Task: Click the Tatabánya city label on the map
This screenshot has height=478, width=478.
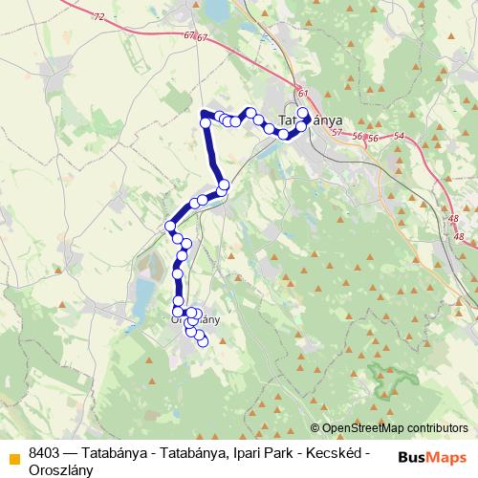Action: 303,122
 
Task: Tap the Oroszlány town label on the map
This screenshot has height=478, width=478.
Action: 195,320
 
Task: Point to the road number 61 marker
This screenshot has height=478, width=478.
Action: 303,93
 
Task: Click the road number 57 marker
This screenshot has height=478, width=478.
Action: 336,131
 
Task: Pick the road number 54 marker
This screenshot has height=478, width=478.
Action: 400,138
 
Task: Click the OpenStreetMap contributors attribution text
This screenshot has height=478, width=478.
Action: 395,428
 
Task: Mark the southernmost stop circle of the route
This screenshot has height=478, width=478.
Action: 202,341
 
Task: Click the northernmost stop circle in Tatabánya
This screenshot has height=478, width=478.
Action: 303,113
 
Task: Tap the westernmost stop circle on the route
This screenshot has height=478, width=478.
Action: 170,226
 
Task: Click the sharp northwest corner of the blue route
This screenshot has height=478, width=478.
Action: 204,115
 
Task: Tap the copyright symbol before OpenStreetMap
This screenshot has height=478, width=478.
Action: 315,428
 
